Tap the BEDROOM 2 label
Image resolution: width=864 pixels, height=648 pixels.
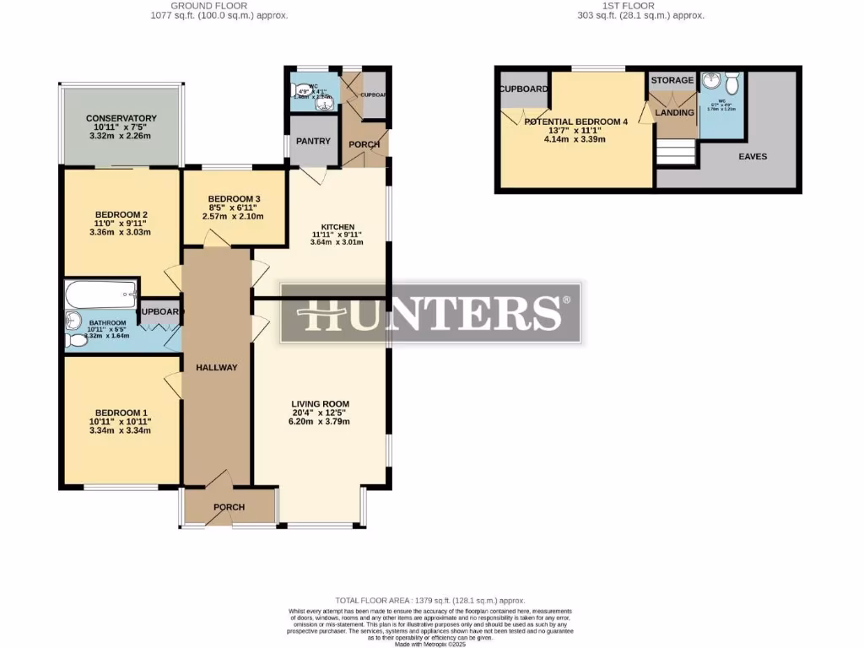pyautogui.click(x=121, y=214)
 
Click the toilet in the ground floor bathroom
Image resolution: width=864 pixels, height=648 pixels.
pyautogui.click(x=77, y=340)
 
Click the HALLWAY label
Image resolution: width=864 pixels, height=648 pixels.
pyautogui.click(x=217, y=368)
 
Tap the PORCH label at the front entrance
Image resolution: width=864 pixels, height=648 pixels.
pyautogui.click(x=229, y=507)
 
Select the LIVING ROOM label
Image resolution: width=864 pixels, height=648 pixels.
pyautogui.click(x=320, y=403)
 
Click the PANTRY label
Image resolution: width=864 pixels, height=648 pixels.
pyautogui.click(x=313, y=142)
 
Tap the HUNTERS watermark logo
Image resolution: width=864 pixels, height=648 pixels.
pyautogui.click(x=430, y=313)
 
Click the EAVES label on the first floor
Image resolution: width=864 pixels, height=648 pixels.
pyautogui.click(x=753, y=156)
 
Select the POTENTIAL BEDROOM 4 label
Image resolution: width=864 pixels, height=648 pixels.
pyautogui.click(x=576, y=121)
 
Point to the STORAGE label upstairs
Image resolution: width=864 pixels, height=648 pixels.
pyautogui.click(x=672, y=80)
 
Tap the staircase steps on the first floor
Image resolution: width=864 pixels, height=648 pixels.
pyautogui.click(x=676, y=154)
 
